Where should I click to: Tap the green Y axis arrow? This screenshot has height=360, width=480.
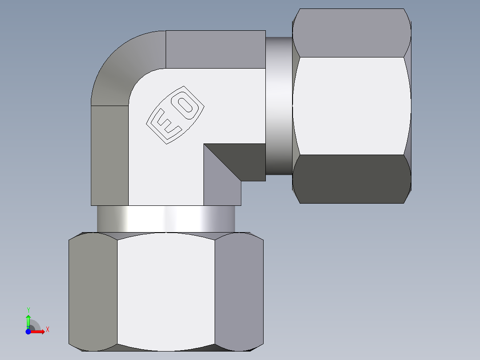28,320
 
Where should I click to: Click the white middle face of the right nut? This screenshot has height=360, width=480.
352,106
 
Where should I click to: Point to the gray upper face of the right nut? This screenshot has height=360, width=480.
352,33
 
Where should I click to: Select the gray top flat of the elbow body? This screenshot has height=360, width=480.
216,49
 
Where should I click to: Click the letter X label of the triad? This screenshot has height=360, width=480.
47,330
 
